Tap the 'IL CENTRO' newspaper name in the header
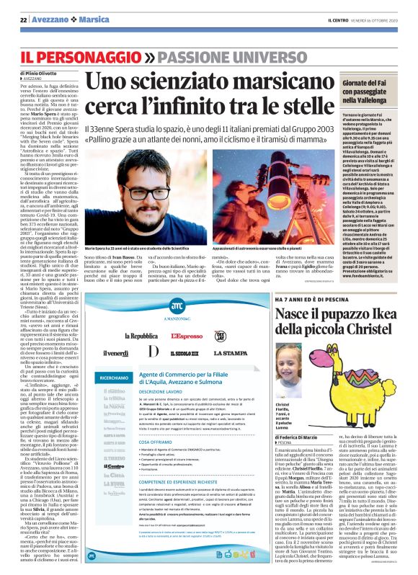(x=342, y=19)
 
